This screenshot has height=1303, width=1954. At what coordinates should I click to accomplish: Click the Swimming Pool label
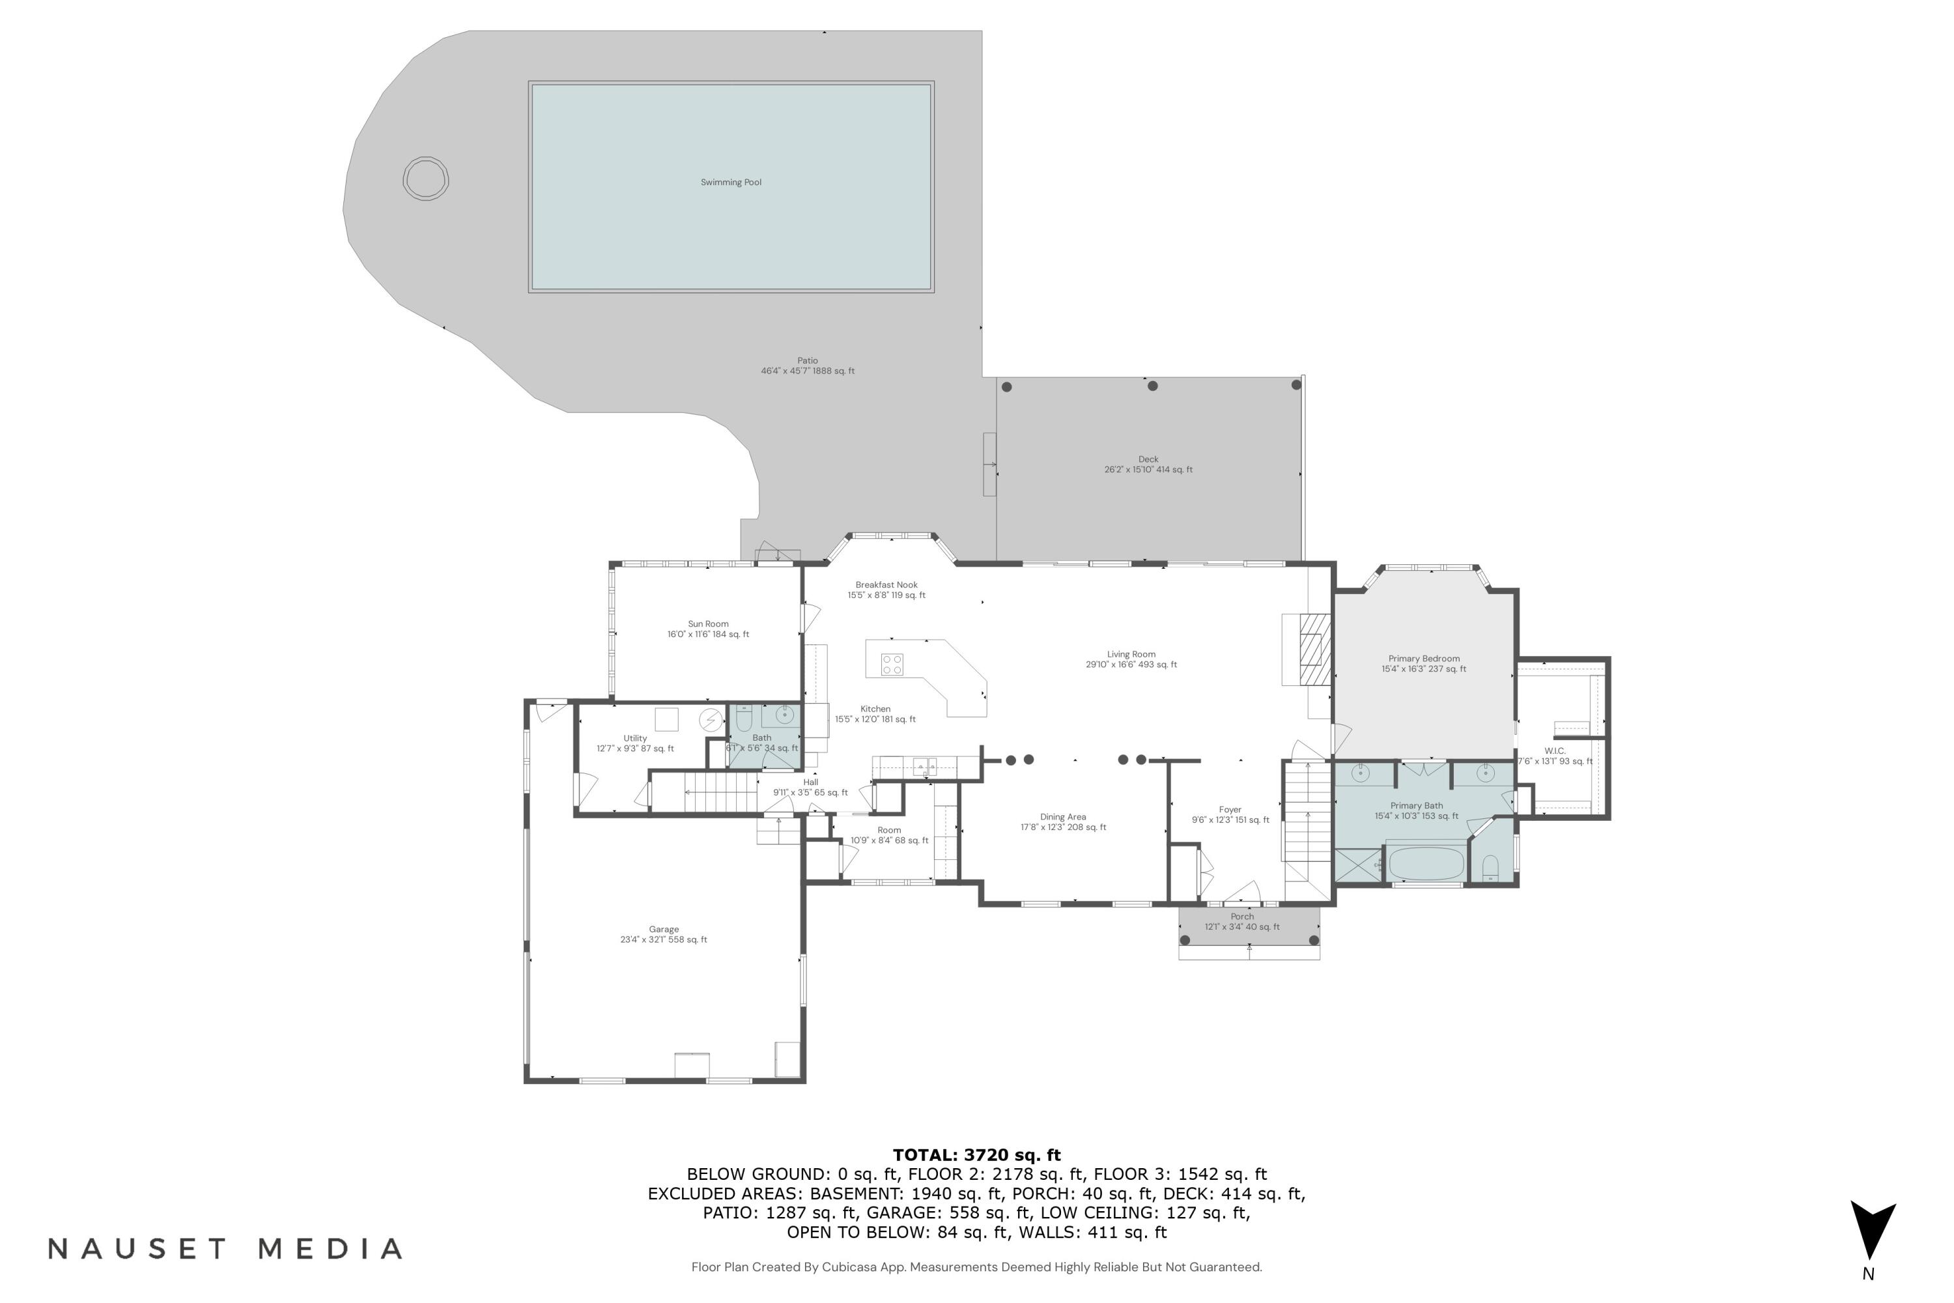click(730, 182)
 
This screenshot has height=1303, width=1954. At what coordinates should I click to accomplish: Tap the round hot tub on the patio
click(425, 179)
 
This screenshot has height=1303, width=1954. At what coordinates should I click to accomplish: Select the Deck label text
click(1148, 459)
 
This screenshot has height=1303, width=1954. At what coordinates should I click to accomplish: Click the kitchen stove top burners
click(892, 664)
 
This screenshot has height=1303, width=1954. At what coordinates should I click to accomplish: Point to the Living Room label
click(1131, 655)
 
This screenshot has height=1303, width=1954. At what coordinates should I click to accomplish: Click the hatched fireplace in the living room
click(1315, 648)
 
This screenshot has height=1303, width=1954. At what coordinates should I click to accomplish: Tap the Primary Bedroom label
click(1423, 659)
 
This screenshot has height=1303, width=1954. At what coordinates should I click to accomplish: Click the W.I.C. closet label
click(1554, 751)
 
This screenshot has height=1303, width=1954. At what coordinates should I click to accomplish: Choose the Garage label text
click(664, 930)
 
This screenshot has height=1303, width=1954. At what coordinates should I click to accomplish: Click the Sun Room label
click(708, 624)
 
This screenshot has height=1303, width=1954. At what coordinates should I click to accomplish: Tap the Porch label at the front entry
click(1242, 917)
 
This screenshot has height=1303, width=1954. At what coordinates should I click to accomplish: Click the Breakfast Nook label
click(886, 585)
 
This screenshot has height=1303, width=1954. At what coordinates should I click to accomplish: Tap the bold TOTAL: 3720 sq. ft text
click(976, 1155)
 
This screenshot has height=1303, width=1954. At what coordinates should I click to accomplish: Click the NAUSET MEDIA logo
click(225, 1249)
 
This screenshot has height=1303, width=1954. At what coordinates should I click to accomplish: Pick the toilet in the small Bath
click(744, 718)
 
